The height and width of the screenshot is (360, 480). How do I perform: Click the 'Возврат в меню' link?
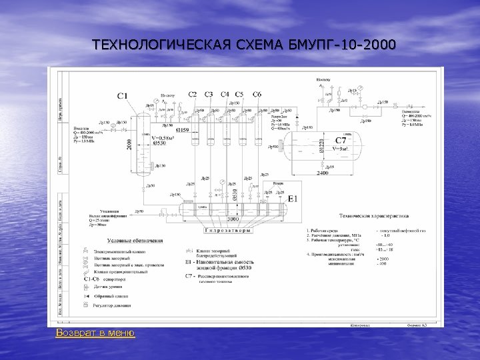[95, 333]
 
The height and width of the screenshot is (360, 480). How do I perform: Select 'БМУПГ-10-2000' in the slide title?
[343, 45]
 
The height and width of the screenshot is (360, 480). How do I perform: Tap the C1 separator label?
[123, 97]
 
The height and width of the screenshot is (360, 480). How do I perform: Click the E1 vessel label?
[293, 198]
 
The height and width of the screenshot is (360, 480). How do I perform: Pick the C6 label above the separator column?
[257, 94]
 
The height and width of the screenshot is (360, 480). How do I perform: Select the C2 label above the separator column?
[192, 94]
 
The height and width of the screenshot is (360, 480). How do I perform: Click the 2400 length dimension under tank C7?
[323, 173]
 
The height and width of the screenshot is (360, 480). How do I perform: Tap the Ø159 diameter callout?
[182, 129]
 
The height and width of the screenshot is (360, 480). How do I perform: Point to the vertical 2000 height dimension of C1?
[130, 143]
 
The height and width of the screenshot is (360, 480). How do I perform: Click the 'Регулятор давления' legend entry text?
[113, 305]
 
